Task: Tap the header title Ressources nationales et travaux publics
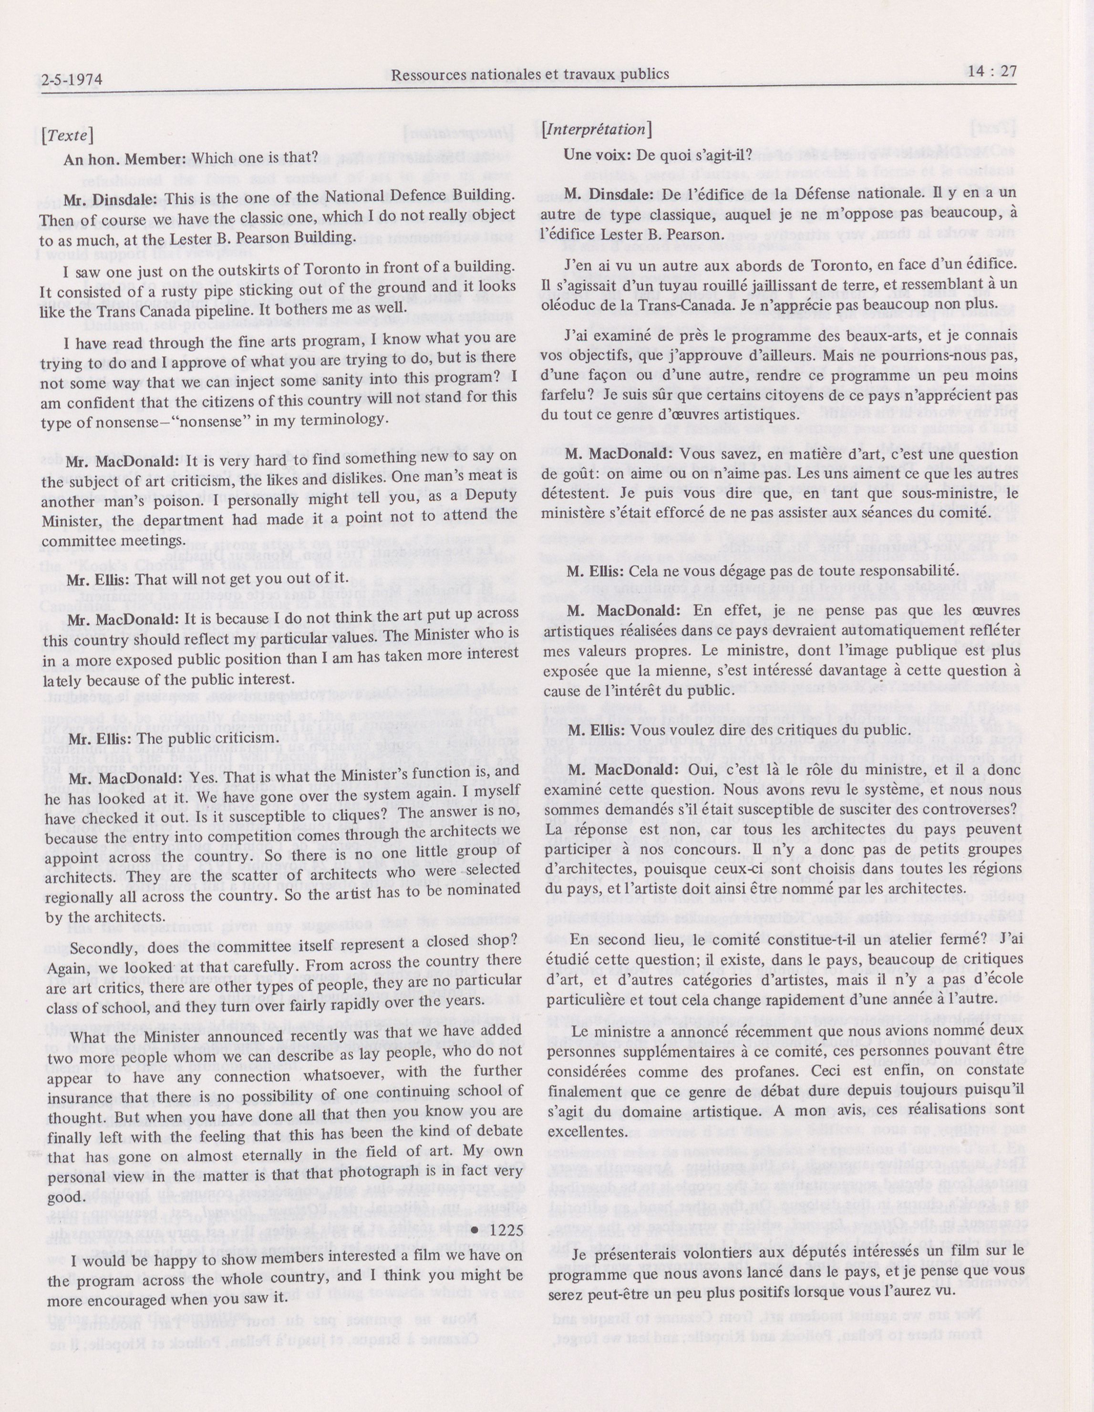[530, 74]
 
